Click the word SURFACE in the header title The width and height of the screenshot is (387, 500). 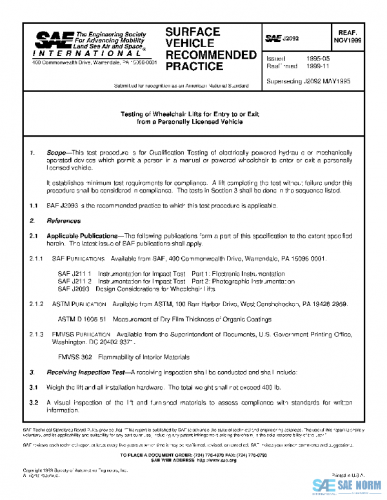(x=193, y=32)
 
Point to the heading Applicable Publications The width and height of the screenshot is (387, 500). (x=84, y=236)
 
